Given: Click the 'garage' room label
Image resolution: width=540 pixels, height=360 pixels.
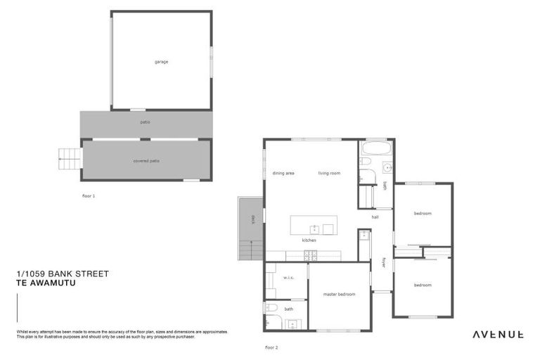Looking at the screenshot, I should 161,62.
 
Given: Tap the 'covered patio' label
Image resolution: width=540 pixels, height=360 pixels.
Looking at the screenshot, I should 146,161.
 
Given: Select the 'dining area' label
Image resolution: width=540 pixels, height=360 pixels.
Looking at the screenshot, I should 283,173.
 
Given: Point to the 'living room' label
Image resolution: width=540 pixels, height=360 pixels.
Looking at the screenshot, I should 329,173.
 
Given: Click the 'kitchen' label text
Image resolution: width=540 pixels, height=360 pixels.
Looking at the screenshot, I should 309,240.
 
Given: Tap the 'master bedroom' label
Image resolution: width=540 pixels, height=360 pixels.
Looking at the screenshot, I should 339,294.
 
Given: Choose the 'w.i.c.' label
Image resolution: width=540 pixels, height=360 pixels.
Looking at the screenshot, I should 288,278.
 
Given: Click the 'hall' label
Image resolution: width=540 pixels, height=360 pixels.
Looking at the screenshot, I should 375,217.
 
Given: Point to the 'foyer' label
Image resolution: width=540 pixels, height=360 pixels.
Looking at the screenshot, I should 384,262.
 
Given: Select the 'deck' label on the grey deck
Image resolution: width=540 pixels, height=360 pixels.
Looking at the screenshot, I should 252,219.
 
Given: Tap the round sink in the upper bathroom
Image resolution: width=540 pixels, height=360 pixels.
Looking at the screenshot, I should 387,167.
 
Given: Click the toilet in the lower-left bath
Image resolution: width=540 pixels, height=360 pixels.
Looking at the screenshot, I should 272,308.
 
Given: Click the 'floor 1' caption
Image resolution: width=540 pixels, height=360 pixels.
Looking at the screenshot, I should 89,196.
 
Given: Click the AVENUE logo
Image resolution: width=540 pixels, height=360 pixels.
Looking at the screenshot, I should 496,334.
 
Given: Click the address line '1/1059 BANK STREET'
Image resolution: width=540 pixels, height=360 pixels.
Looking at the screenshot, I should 62,274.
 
